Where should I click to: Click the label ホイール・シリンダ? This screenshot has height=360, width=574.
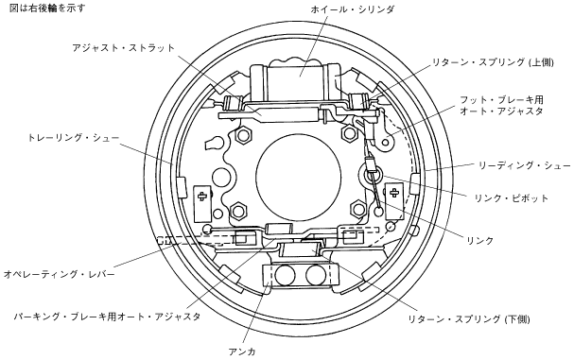click(352, 9)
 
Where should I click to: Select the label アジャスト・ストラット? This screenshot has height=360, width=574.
click(123, 48)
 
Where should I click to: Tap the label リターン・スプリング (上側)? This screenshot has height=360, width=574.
click(493, 62)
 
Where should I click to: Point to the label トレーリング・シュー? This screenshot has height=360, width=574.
click(74, 138)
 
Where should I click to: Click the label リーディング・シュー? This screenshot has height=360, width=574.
click(525, 165)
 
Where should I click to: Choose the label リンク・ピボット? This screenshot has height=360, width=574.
click(512, 198)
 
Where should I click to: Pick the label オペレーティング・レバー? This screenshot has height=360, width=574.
click(60, 274)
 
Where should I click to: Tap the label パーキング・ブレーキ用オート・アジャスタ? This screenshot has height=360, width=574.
click(107, 317)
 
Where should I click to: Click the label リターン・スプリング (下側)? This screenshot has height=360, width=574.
click(469, 319)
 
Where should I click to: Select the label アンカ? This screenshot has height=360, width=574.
click(242, 351)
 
